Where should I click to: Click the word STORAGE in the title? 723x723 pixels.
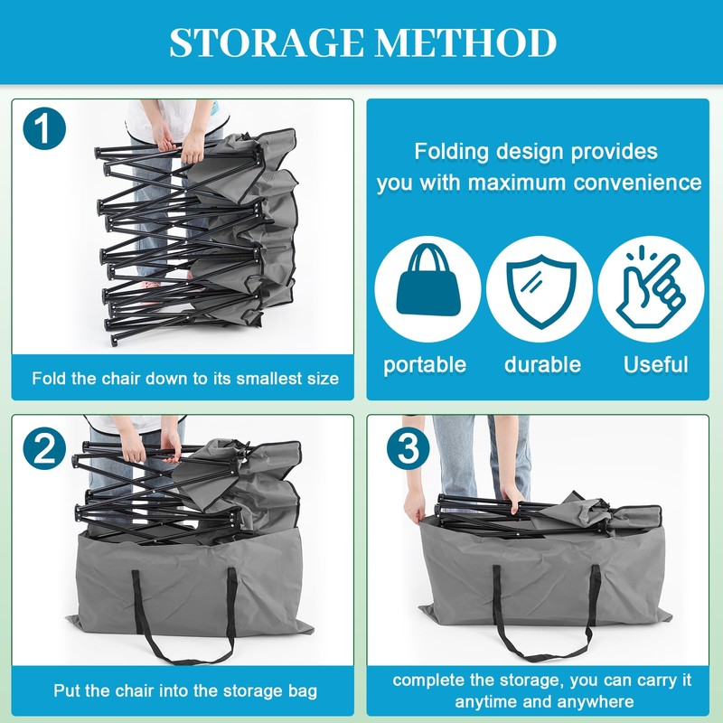[x=256, y=42]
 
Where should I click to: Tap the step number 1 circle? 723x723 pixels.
[x=44, y=128]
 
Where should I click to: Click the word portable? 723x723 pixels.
[x=425, y=365]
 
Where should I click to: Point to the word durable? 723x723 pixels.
[x=542, y=365]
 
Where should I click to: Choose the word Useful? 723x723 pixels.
[x=656, y=365]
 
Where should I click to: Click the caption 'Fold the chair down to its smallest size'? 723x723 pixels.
[x=185, y=378]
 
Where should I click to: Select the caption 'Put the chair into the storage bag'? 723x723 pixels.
[x=185, y=691]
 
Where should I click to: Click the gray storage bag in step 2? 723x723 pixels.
[x=181, y=578]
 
